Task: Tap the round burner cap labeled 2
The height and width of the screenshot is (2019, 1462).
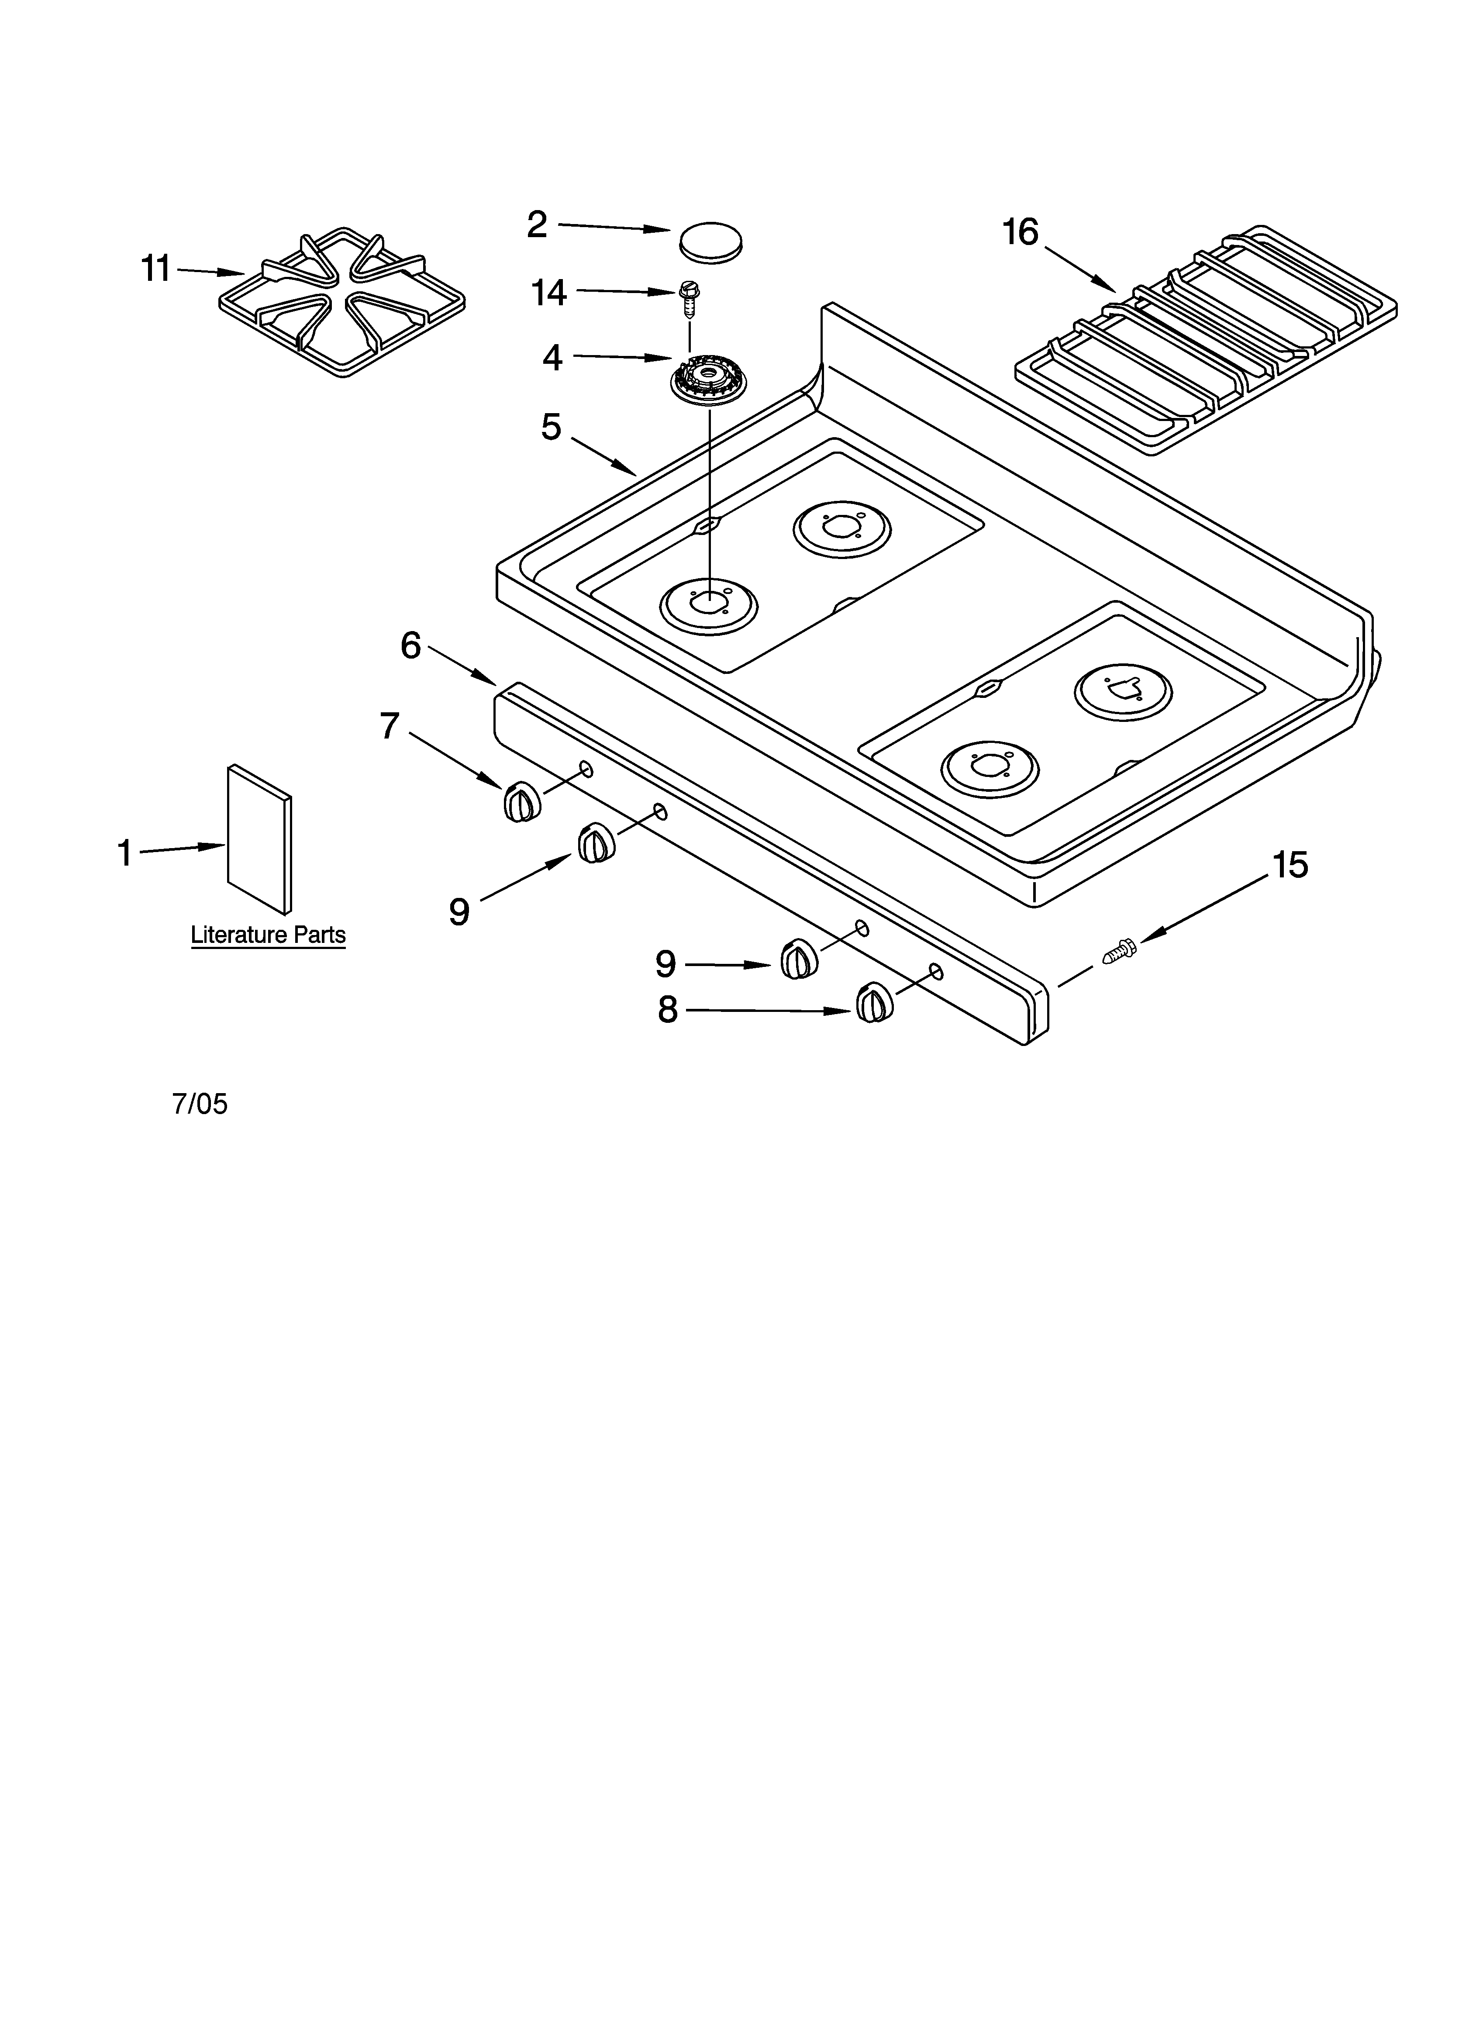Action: [x=710, y=241]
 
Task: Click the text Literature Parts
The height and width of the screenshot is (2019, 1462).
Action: [x=268, y=935]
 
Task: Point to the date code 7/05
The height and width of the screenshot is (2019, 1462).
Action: [x=200, y=1104]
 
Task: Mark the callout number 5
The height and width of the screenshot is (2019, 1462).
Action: [x=551, y=427]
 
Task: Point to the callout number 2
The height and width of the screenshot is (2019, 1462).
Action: [x=537, y=224]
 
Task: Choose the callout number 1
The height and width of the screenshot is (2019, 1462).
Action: [x=124, y=853]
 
